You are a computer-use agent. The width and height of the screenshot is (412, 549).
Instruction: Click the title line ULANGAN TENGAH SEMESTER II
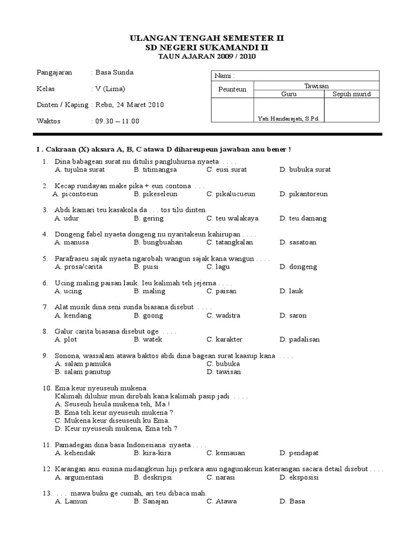pyautogui.click(x=207, y=38)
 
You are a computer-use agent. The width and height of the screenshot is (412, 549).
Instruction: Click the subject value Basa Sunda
pyautogui.click(x=114, y=72)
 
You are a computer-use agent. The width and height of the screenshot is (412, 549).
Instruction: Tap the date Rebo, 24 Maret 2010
pyautogui.click(x=129, y=105)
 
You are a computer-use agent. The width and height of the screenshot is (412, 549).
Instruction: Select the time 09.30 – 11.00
pyautogui.click(x=117, y=121)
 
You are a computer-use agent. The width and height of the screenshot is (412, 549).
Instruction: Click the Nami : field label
pyautogui.click(x=224, y=76)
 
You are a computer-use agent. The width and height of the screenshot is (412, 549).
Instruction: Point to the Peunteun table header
pyautogui.click(x=232, y=90)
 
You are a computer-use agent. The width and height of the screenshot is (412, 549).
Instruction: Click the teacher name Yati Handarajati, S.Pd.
pyautogui.click(x=288, y=118)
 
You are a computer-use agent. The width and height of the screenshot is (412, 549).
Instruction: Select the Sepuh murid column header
pyautogui.click(x=352, y=94)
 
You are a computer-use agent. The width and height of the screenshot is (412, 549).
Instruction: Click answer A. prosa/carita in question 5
pyautogui.click(x=78, y=266)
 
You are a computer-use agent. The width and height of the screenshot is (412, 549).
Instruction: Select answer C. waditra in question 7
pyautogui.click(x=224, y=315)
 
